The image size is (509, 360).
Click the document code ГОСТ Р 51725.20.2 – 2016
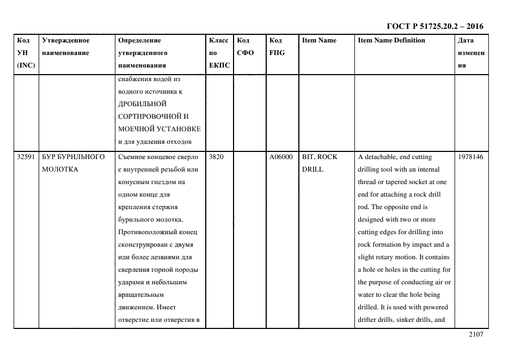pos(434,26)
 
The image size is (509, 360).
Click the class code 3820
pos(217,157)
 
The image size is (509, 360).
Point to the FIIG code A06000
pos(281,157)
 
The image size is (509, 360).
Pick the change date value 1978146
pos(470,157)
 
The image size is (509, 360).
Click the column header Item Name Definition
pos(391,40)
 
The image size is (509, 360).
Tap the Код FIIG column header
pos(277,47)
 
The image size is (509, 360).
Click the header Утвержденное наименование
pos(66,47)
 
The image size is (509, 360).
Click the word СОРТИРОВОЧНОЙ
pos(150,117)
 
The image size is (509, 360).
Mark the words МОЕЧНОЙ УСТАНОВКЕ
pos(159,129)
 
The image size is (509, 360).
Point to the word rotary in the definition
pos(389,257)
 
